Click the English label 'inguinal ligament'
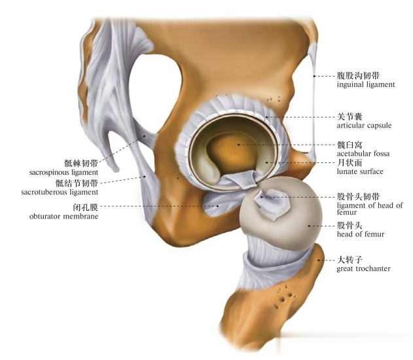point(365,84)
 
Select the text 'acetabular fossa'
point(363,153)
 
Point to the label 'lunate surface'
point(359,171)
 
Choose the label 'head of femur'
point(360,234)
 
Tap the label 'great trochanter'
point(363,268)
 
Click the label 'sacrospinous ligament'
point(63,172)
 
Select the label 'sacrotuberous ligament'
point(67,192)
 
